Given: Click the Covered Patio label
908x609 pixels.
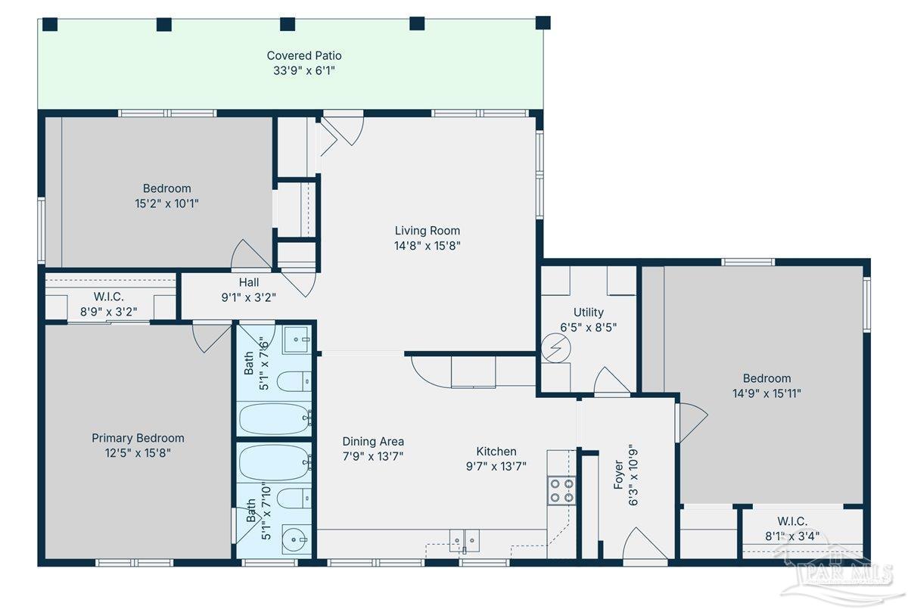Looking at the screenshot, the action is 304,55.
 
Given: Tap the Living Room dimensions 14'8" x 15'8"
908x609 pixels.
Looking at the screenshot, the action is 428,246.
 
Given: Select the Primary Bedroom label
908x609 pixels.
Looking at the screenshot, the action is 138,438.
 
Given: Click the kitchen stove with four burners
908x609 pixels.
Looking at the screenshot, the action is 561,490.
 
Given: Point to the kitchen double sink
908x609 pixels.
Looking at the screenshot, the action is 465,540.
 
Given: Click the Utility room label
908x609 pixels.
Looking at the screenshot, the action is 588,312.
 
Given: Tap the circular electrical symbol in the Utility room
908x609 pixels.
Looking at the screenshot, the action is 556,348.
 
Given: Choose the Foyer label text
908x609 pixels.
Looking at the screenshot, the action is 619,474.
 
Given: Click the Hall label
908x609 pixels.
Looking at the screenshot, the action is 248,282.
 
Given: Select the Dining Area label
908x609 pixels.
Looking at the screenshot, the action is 373,441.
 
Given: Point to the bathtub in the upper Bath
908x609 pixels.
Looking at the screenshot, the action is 275,419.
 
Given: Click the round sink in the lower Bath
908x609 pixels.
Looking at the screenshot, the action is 296,539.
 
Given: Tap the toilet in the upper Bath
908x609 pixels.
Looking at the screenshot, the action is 294,381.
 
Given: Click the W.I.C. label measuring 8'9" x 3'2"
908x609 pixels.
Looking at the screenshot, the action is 109,304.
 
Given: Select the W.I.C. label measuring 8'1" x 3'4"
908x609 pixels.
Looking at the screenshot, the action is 792,528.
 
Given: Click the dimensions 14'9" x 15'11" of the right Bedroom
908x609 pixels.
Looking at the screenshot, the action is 767,393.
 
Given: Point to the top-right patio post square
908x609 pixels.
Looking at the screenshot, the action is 543,23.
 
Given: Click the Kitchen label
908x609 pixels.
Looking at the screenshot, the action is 496,452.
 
